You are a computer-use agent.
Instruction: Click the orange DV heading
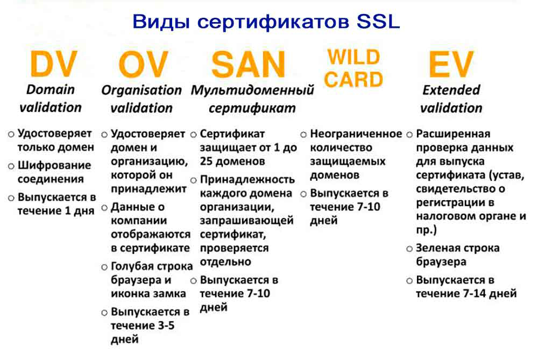(x=53, y=64)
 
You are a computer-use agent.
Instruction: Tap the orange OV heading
(x=143, y=64)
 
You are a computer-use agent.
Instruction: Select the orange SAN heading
(x=248, y=64)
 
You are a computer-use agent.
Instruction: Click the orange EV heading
(x=451, y=64)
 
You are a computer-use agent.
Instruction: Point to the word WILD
(x=353, y=57)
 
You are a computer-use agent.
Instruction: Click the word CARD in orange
(x=353, y=80)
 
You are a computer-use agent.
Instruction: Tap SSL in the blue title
(x=378, y=22)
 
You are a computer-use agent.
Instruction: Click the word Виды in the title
(x=161, y=22)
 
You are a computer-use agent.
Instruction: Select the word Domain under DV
(x=51, y=89)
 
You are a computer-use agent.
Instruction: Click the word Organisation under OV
(x=141, y=90)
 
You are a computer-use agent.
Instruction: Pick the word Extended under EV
(x=451, y=90)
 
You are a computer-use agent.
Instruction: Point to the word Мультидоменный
(x=252, y=90)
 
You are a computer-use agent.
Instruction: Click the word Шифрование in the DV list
(x=54, y=165)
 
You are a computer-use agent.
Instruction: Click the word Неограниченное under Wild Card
(x=356, y=134)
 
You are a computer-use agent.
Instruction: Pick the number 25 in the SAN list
(x=207, y=161)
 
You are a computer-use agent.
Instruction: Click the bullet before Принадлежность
(x=194, y=180)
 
